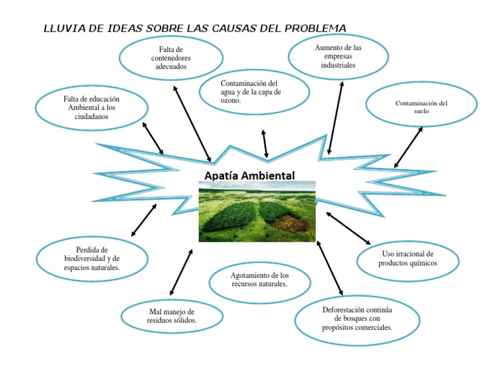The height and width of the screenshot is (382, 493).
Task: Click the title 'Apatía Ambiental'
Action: [x=250, y=175]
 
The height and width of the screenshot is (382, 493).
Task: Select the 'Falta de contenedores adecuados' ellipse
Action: [x=171, y=58]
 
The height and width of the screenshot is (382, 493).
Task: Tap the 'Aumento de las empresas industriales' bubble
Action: [x=338, y=57]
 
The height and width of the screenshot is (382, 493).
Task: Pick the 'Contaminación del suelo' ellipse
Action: [x=421, y=107]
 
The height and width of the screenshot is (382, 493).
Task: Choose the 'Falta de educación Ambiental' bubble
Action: [x=92, y=108]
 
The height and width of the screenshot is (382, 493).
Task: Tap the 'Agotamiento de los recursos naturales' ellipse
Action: [x=260, y=279]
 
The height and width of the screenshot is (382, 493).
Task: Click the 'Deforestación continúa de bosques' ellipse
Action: [x=357, y=318]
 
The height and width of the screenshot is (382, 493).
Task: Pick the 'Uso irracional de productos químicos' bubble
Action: [x=408, y=259]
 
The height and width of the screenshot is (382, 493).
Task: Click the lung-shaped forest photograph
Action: [x=257, y=211]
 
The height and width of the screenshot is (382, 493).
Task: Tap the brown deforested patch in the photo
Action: [x=292, y=223]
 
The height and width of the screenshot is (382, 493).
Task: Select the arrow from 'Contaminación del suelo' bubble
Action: [x=408, y=147]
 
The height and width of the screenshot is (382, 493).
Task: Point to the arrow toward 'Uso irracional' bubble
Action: [x=349, y=228]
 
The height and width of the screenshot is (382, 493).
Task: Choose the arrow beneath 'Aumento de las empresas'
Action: [x=335, y=118]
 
